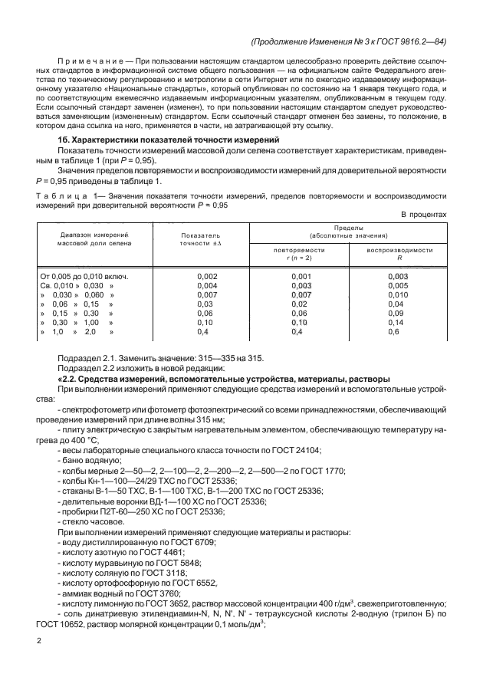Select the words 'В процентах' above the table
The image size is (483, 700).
[x=424, y=215]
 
